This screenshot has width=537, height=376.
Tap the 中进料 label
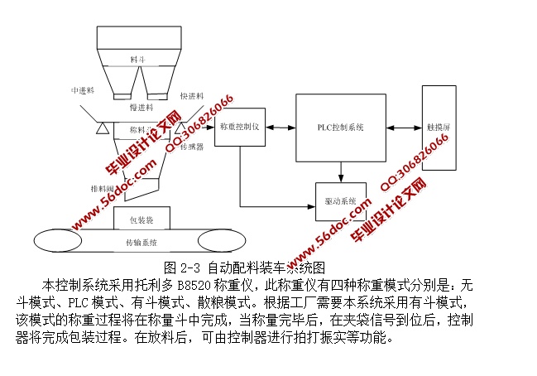click(x=84, y=90)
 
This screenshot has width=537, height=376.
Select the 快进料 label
click(x=192, y=96)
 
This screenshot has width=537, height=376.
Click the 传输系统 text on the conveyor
click(x=141, y=243)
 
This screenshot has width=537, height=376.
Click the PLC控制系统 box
click(x=341, y=128)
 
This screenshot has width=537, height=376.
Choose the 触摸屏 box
click(x=438, y=128)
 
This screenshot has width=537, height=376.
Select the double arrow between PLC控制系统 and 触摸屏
click(x=404, y=128)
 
